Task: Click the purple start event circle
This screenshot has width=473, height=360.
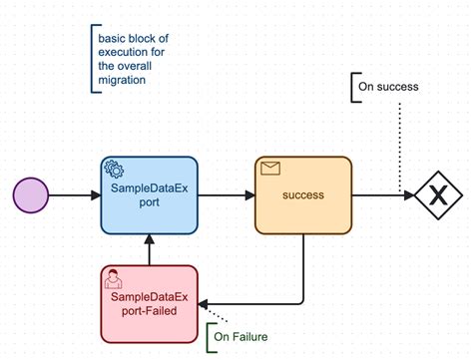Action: [x=31, y=194]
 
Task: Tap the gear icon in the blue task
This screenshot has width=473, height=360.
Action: [x=116, y=170]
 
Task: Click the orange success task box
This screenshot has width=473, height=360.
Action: [x=303, y=195]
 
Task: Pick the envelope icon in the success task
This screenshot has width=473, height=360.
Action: [x=269, y=169]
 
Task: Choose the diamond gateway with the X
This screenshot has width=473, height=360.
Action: [x=435, y=195]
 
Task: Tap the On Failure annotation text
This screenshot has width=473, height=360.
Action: [x=241, y=337]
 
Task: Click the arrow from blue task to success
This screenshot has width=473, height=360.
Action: [x=226, y=195]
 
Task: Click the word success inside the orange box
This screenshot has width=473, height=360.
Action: [x=303, y=195]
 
